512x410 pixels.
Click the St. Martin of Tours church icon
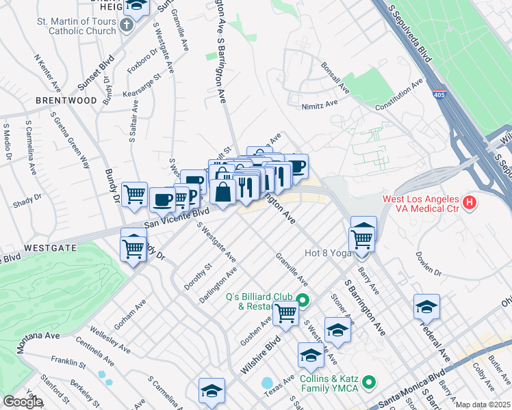(126, 25)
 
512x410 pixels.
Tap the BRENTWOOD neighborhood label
(66, 100)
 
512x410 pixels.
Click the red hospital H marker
(470, 202)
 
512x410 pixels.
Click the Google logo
(22, 402)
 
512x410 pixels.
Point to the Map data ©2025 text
(483, 405)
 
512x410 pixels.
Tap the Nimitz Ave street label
(320, 105)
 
